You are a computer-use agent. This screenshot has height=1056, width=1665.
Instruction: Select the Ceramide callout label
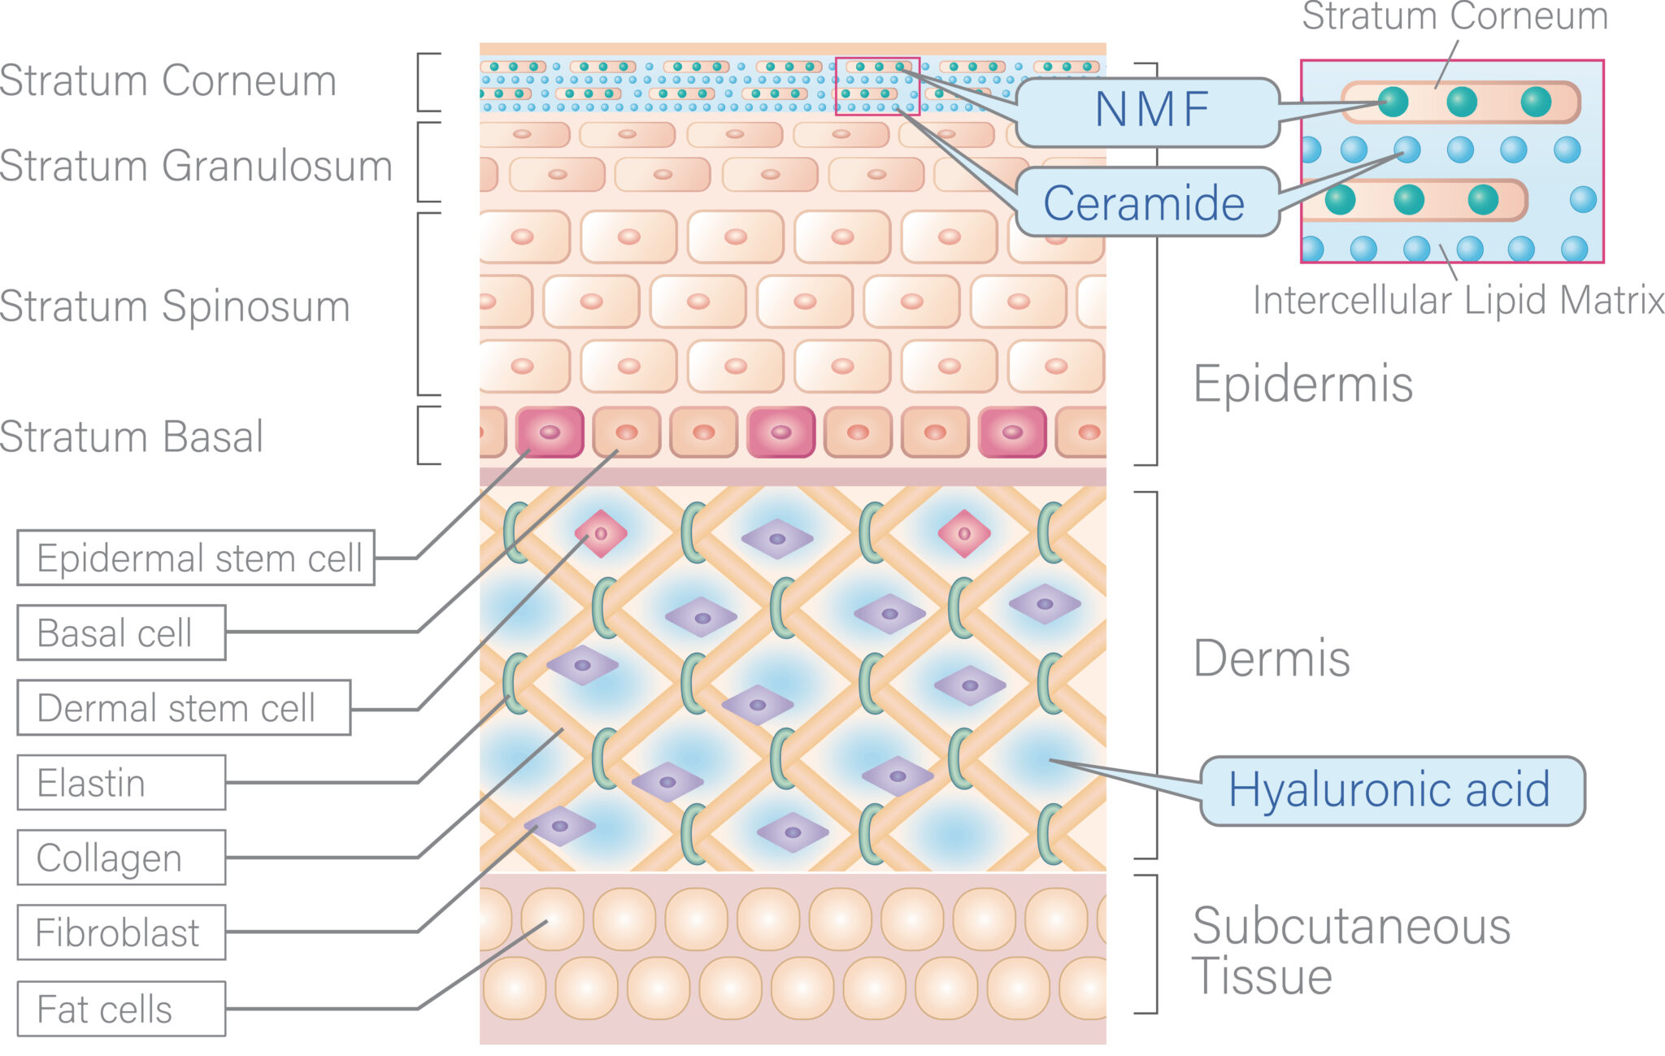pyautogui.click(x=1145, y=202)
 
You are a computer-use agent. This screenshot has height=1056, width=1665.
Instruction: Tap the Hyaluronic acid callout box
pyautogui.click(x=1391, y=790)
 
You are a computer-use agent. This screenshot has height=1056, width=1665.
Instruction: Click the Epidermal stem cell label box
pyautogui.click(x=196, y=558)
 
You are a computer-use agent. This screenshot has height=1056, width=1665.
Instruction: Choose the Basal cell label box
pyautogui.click(x=121, y=632)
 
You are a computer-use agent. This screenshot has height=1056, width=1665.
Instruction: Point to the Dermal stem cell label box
pyautogui.click(x=184, y=707)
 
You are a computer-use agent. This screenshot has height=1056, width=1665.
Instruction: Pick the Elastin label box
pyautogui.click(x=121, y=782)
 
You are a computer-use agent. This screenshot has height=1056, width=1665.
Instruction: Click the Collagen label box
pyautogui.click(x=121, y=857)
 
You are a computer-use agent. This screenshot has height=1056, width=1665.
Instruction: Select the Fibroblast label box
pyautogui.click(x=121, y=932)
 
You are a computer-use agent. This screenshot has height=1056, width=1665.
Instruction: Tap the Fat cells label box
pyautogui.click(x=121, y=1008)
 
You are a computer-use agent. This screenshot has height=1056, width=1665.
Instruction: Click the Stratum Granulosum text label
pyautogui.click(x=196, y=166)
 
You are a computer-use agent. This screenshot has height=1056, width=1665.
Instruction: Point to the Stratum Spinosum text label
pyautogui.click(x=175, y=306)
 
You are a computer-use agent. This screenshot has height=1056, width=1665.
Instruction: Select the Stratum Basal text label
pyautogui.click(x=132, y=437)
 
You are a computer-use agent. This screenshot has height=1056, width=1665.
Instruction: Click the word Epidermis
pyautogui.click(x=1302, y=384)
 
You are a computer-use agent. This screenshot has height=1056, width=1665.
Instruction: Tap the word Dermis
pyautogui.click(x=1271, y=658)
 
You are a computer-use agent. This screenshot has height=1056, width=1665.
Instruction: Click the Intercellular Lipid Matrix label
pyautogui.click(x=1458, y=300)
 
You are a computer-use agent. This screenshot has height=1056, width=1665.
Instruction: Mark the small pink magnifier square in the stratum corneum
pyautogui.click(x=877, y=86)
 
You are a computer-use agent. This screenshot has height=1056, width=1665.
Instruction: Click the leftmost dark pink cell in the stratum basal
pyautogui.click(x=550, y=432)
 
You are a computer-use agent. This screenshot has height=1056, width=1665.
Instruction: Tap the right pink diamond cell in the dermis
pyautogui.click(x=963, y=534)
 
